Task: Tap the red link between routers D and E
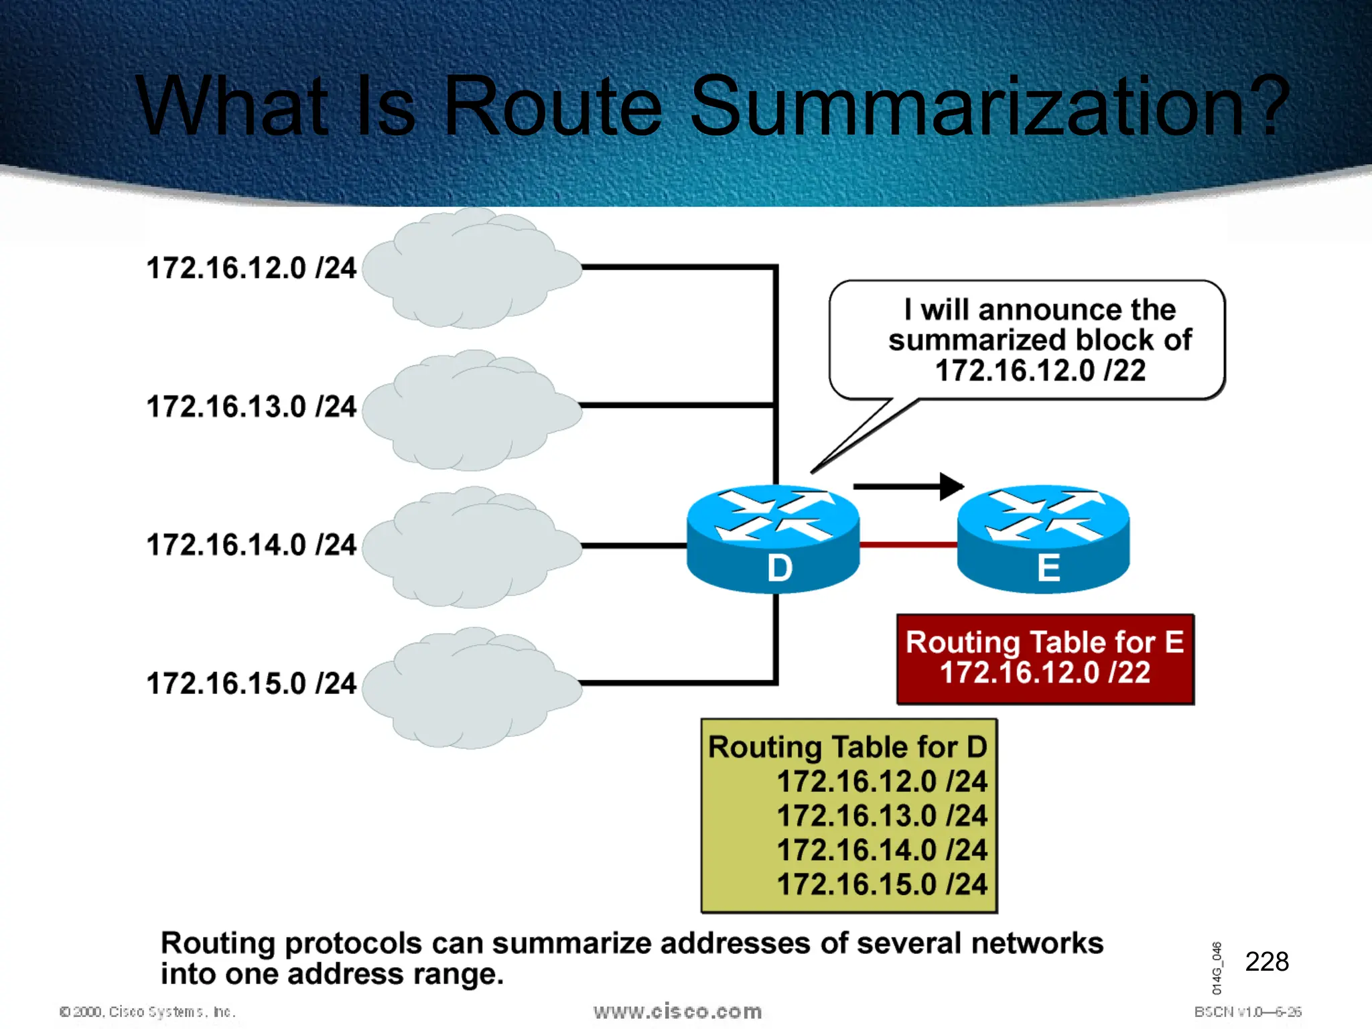click(x=908, y=545)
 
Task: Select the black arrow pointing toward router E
click(x=908, y=486)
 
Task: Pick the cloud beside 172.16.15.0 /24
click(x=471, y=688)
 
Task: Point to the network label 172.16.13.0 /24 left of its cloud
click(x=251, y=407)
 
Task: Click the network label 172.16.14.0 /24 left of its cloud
click(x=251, y=545)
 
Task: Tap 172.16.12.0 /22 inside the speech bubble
click(x=1040, y=370)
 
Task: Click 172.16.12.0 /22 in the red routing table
click(x=1044, y=673)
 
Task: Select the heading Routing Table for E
click(x=1044, y=642)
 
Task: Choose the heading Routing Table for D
click(x=847, y=747)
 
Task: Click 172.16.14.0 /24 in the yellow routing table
click(x=882, y=850)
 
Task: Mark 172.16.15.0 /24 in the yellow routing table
click(x=882, y=884)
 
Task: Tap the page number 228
click(x=1266, y=961)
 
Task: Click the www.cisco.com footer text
click(x=677, y=1011)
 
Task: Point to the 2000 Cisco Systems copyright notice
click(x=147, y=1012)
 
